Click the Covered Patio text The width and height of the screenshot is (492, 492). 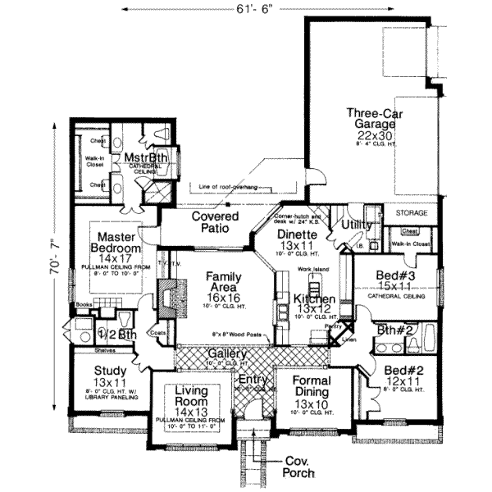[x=216, y=222]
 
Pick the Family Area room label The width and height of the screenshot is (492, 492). [x=223, y=283]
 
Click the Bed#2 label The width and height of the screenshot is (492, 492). [x=403, y=376]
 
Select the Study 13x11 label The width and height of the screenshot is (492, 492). [x=108, y=376]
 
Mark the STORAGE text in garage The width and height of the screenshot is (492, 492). [x=412, y=212]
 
